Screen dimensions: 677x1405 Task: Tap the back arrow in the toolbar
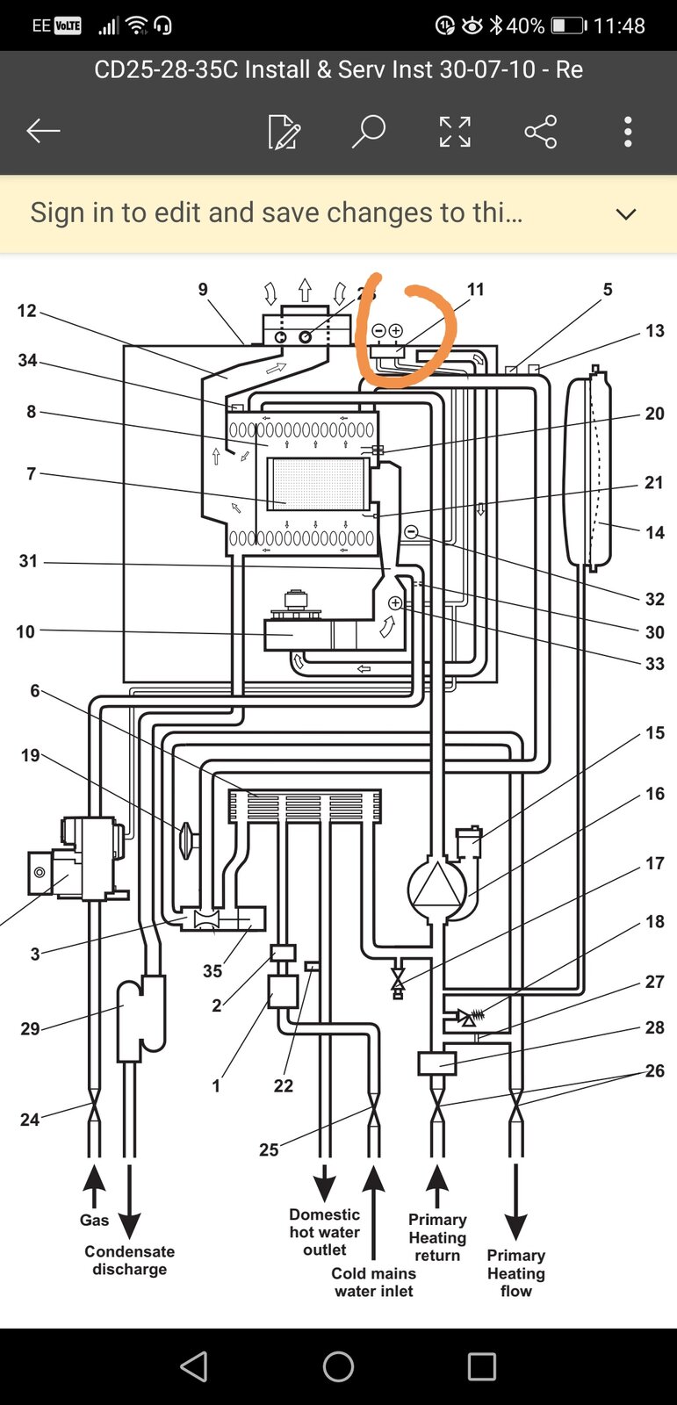tap(43, 131)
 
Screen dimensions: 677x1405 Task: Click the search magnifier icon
tap(369, 131)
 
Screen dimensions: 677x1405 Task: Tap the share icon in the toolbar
tap(540, 131)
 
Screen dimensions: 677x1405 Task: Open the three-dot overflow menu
tap(628, 131)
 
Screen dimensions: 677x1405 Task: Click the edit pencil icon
tap(284, 132)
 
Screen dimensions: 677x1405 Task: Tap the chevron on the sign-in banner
tap(625, 214)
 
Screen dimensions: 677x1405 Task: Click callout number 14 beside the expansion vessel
tap(654, 532)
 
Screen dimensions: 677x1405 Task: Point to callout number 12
tap(27, 311)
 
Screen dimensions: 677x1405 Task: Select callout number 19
tap(30, 755)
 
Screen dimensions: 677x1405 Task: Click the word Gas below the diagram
tap(94, 1220)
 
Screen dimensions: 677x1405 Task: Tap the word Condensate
tap(130, 1251)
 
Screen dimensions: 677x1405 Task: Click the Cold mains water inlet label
tap(374, 1282)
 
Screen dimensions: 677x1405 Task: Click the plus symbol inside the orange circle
tap(395, 330)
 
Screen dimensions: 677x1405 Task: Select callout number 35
tap(212, 971)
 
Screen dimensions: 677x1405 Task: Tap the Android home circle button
tap(338, 1366)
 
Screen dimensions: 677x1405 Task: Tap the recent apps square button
tap(482, 1366)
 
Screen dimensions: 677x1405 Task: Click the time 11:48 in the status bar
tap(619, 25)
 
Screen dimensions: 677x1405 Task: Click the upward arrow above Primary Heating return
tap(437, 1178)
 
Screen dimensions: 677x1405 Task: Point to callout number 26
tap(654, 1070)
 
